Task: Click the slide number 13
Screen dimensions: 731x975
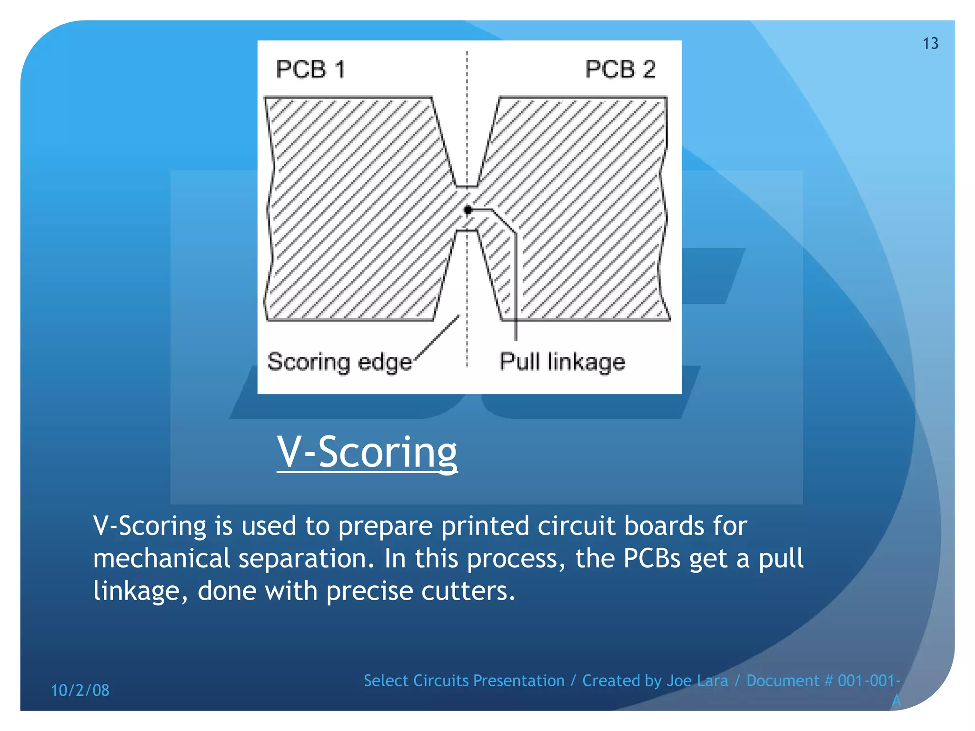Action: click(x=930, y=44)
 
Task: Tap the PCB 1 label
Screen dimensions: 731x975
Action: click(x=310, y=69)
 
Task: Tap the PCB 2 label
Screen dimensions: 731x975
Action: click(x=620, y=69)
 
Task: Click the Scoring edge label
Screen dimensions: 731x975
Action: click(x=339, y=362)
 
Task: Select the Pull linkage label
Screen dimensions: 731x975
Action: click(x=562, y=362)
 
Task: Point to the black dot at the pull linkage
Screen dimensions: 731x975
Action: click(x=468, y=210)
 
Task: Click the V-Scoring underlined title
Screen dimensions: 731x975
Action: click(x=367, y=452)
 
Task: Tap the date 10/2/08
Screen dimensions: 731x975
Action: click(x=80, y=691)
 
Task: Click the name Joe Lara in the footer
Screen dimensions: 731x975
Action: click(x=697, y=681)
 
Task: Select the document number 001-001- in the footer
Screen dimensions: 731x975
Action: click(x=869, y=681)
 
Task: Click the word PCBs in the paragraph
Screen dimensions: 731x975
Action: click(x=652, y=558)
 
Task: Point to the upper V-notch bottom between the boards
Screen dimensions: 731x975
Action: click(x=467, y=186)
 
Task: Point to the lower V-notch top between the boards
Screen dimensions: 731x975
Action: click(x=467, y=232)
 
